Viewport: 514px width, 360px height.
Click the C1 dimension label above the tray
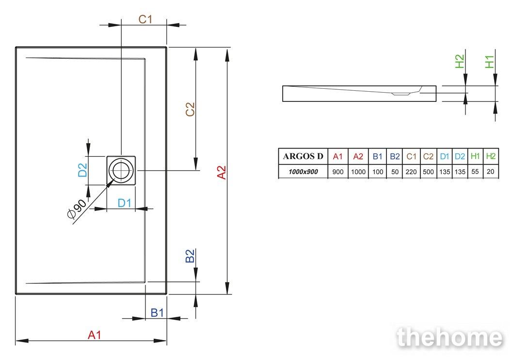tap(145, 19)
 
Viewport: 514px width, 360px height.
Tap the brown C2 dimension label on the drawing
tap(190, 109)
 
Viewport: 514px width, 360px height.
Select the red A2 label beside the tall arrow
tap(222, 172)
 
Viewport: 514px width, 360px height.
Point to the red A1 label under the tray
tap(95, 335)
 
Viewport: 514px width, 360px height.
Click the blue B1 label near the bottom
tap(157, 312)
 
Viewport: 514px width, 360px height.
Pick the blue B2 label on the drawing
tap(190, 256)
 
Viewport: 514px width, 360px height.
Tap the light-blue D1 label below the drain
tap(124, 203)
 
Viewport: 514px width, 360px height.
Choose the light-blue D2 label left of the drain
tap(82, 170)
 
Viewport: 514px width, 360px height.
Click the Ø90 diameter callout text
tap(77, 209)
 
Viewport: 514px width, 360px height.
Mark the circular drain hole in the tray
tap(121, 170)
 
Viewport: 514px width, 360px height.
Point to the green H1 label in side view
tap(489, 62)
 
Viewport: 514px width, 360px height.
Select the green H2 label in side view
tap(460, 62)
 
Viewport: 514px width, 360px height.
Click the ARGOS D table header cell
tap(303, 156)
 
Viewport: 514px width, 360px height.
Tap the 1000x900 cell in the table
tap(303, 171)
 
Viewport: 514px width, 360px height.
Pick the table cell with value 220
tap(411, 171)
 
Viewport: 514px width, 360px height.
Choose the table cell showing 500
tap(428, 171)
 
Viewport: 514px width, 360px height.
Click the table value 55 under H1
tap(475, 171)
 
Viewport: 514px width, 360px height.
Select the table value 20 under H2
tap(490, 171)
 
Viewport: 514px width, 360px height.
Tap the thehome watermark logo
tap(450, 337)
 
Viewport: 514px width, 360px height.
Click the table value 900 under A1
tap(337, 171)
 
